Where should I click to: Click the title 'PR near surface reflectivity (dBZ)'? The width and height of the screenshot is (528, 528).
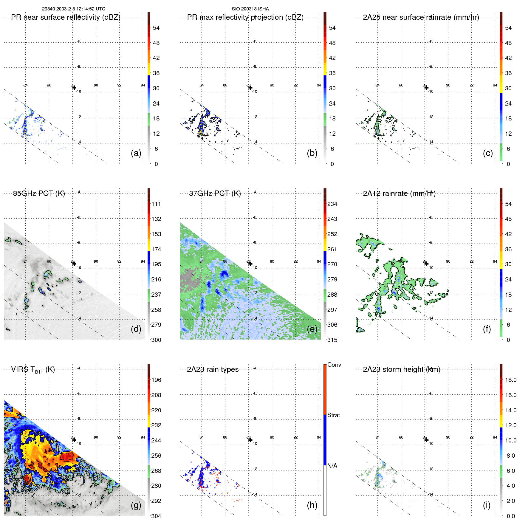66,17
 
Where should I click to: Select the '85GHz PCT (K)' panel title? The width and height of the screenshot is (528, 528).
39,193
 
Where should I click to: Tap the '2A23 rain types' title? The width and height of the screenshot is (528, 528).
213,369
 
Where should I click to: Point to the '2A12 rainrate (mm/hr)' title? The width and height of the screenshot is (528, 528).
399,193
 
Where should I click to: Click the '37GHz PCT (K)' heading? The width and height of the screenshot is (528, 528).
215,193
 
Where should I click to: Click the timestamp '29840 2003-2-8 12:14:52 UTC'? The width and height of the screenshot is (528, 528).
73,9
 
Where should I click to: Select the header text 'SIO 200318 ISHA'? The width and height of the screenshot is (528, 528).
250,9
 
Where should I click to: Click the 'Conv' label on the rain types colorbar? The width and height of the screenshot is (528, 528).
334,365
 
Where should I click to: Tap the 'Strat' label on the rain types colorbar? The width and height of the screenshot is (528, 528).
333,415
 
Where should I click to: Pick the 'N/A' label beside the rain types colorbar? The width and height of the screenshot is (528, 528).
332,466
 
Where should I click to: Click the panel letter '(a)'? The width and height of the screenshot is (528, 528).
136,153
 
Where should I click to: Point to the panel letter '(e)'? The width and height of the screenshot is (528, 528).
312,329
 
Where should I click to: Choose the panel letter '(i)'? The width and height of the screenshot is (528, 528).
487,505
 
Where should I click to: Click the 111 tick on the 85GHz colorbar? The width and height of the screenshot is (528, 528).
156,204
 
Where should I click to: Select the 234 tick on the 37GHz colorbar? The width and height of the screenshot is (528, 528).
332,204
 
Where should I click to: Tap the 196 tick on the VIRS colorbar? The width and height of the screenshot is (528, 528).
156,380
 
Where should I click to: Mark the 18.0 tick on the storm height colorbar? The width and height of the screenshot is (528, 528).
510,380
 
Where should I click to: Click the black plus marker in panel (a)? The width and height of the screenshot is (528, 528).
74,88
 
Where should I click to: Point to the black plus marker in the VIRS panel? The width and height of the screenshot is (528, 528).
74,440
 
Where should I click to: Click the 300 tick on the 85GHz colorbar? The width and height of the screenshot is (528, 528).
156,340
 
